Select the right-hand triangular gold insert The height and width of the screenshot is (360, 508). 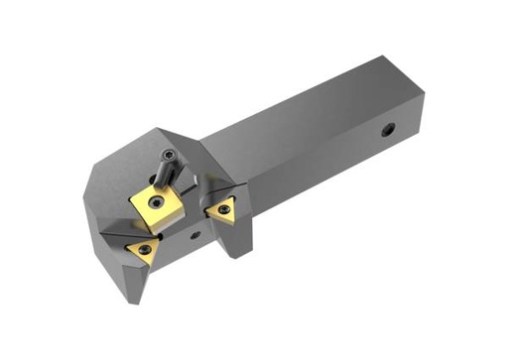tap(220, 208)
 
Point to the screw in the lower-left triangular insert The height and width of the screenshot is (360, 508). tap(146, 249)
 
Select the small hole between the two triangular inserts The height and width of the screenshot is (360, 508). tap(195, 235)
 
